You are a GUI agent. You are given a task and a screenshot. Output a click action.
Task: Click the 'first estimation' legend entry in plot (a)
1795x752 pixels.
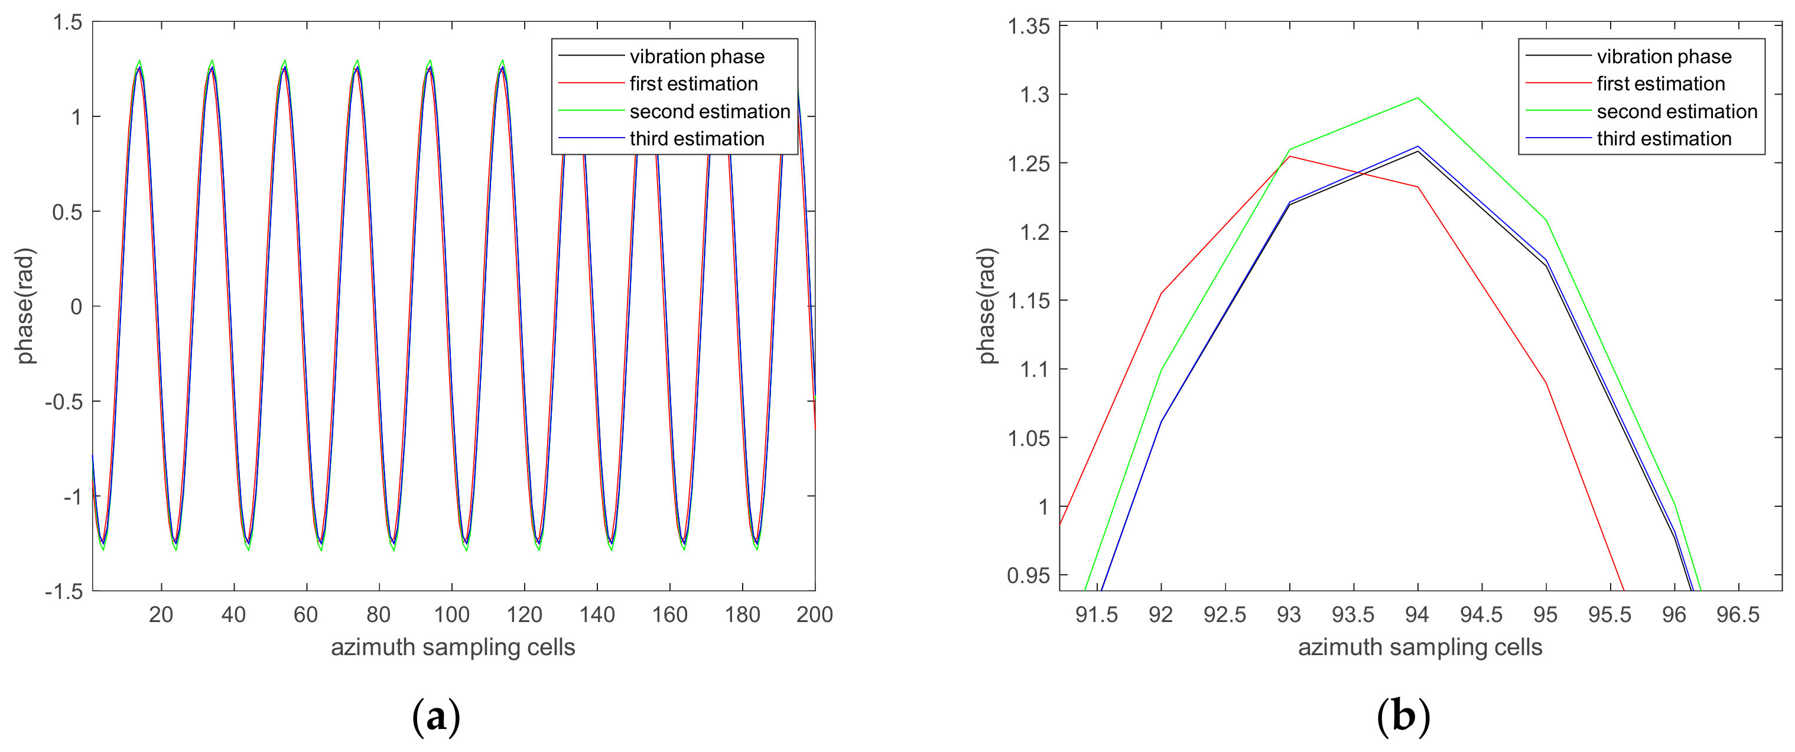coord(693,84)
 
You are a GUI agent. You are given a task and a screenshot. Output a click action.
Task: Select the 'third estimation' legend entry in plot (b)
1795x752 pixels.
coord(1663,139)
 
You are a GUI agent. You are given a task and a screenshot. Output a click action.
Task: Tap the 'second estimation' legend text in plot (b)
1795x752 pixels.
coord(1677,112)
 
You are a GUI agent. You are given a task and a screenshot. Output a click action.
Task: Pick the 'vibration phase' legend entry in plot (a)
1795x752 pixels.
coord(696,57)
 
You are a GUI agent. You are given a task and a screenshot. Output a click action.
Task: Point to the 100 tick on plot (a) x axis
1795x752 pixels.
coord(451,614)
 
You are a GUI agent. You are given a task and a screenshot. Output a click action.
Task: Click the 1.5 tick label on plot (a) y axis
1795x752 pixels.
coord(67,22)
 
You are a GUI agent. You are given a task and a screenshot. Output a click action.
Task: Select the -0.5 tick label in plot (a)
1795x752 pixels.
coord(63,402)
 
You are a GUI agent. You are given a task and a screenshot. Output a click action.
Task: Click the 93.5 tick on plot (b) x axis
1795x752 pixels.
coord(1352,614)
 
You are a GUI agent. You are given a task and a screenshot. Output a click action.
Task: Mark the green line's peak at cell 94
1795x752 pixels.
coord(1417,97)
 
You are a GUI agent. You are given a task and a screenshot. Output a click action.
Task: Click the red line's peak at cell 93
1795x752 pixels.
coord(1290,156)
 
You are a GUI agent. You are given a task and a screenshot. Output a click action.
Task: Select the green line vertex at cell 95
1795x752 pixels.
coord(1546,220)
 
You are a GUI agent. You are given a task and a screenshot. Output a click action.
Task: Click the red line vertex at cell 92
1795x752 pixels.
coord(1161,294)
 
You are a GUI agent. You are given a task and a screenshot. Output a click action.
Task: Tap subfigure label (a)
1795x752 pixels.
coord(436,717)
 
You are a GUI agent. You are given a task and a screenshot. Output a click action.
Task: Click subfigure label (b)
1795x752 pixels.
coord(1403,717)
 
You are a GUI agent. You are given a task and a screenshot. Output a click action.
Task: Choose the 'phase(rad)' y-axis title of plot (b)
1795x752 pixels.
coord(987,307)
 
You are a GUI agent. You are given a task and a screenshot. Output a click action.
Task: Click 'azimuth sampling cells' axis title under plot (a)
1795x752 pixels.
coord(453,647)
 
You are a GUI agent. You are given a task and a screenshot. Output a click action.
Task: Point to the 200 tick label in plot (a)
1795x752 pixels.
coord(815,614)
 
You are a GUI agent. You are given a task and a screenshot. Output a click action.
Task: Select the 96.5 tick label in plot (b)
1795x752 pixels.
coord(1738,614)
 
